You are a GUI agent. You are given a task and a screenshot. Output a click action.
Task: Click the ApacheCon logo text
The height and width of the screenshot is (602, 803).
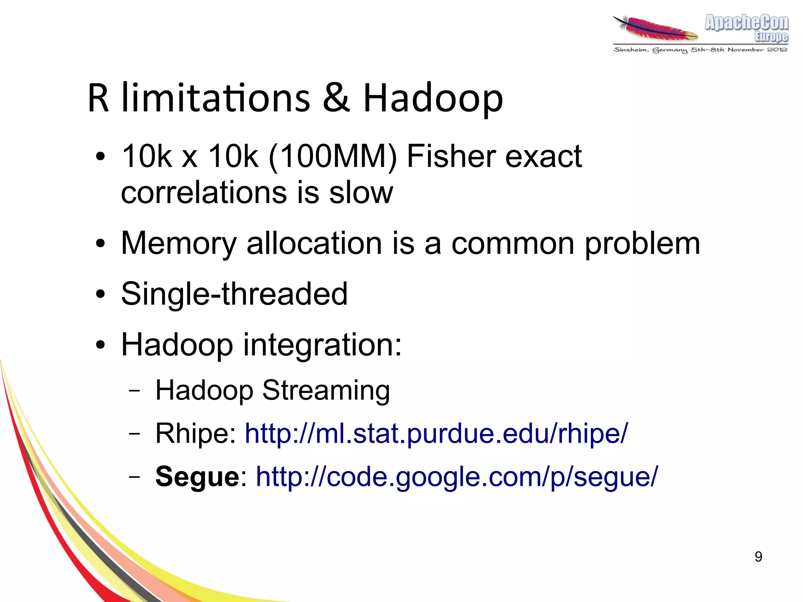(x=746, y=23)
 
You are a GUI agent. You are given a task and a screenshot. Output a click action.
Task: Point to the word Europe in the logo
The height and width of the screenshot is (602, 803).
(x=771, y=36)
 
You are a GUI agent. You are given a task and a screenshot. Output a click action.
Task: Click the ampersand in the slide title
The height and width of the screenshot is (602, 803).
(x=336, y=98)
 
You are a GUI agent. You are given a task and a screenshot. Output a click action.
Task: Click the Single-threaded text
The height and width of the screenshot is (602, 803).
(x=234, y=294)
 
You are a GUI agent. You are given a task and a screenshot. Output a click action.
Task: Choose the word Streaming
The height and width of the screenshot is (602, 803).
(x=326, y=391)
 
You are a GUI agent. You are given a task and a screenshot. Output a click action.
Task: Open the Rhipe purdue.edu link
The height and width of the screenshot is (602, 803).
(x=436, y=434)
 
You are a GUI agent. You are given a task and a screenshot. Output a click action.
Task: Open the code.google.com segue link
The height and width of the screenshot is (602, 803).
(x=456, y=477)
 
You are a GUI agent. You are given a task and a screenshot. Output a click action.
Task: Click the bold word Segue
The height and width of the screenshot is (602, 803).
(x=197, y=477)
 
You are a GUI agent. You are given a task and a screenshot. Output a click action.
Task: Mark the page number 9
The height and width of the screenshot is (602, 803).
(x=758, y=557)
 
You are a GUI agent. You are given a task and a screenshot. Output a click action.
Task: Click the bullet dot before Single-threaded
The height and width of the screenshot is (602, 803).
(x=100, y=294)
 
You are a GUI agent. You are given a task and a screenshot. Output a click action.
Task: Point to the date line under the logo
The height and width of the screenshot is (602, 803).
(x=700, y=50)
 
